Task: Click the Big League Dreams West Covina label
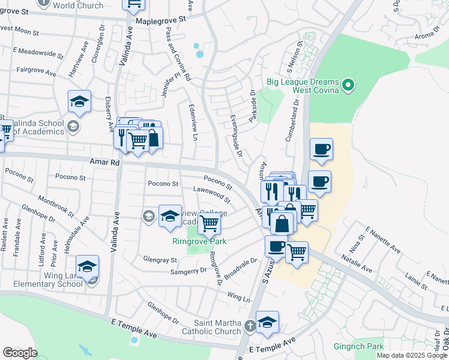[x=307, y=86]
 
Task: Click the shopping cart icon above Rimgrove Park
[x=209, y=223]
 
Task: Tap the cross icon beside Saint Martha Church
[x=250, y=328]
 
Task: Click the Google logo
[x=20, y=353]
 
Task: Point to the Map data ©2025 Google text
[x=412, y=355]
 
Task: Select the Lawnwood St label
[x=212, y=194]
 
